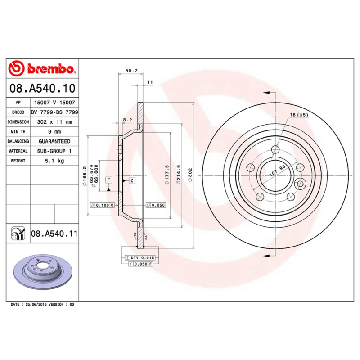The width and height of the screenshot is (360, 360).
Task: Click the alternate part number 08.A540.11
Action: coord(54,234)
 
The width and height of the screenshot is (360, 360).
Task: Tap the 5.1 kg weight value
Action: coord(54,161)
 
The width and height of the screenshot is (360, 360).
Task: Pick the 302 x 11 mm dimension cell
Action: coord(54,122)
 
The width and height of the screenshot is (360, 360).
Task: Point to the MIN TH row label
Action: coord(18,132)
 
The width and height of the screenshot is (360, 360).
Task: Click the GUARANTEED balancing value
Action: coord(54,141)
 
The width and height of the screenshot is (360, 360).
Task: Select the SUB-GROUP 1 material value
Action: coord(54,151)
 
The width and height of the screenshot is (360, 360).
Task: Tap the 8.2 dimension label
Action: coord(127,120)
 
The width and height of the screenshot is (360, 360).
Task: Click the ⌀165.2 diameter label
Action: coord(84,178)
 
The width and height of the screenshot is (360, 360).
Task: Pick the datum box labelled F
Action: coord(108,180)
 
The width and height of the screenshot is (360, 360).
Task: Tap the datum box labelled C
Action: coord(132,180)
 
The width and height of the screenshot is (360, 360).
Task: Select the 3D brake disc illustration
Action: coord(42,274)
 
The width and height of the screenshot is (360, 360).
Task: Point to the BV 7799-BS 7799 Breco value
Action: coord(54,112)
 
